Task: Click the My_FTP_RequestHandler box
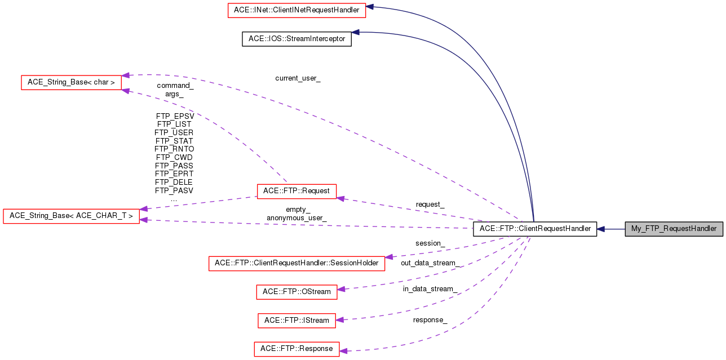pyautogui.click(x=674, y=229)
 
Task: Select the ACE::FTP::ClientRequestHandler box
pyautogui.click(x=534, y=229)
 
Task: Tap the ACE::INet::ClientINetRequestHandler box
pyautogui.click(x=296, y=10)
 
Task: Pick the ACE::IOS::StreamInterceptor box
pyautogui.click(x=296, y=39)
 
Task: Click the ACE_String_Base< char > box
pyautogui.click(x=71, y=82)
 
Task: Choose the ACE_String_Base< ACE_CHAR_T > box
pyautogui.click(x=71, y=216)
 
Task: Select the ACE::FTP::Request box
pyautogui.click(x=296, y=191)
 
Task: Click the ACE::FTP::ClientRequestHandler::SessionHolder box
pyautogui.click(x=296, y=263)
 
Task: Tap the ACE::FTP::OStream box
pyautogui.click(x=296, y=292)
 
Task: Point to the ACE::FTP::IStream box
pyautogui.click(x=296, y=321)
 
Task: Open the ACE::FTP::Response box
pyautogui.click(x=296, y=349)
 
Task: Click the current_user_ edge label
pyautogui.click(x=298, y=78)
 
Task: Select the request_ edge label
pyautogui.click(x=430, y=205)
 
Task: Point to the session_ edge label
pyautogui.click(x=430, y=243)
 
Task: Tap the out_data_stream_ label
pyautogui.click(x=430, y=263)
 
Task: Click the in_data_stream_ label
pyautogui.click(x=430, y=289)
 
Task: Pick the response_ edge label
pyautogui.click(x=430, y=320)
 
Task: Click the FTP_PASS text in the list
pyautogui.click(x=174, y=166)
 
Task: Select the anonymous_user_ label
pyautogui.click(x=296, y=217)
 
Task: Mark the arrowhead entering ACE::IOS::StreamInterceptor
pyautogui.click(x=356, y=32)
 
